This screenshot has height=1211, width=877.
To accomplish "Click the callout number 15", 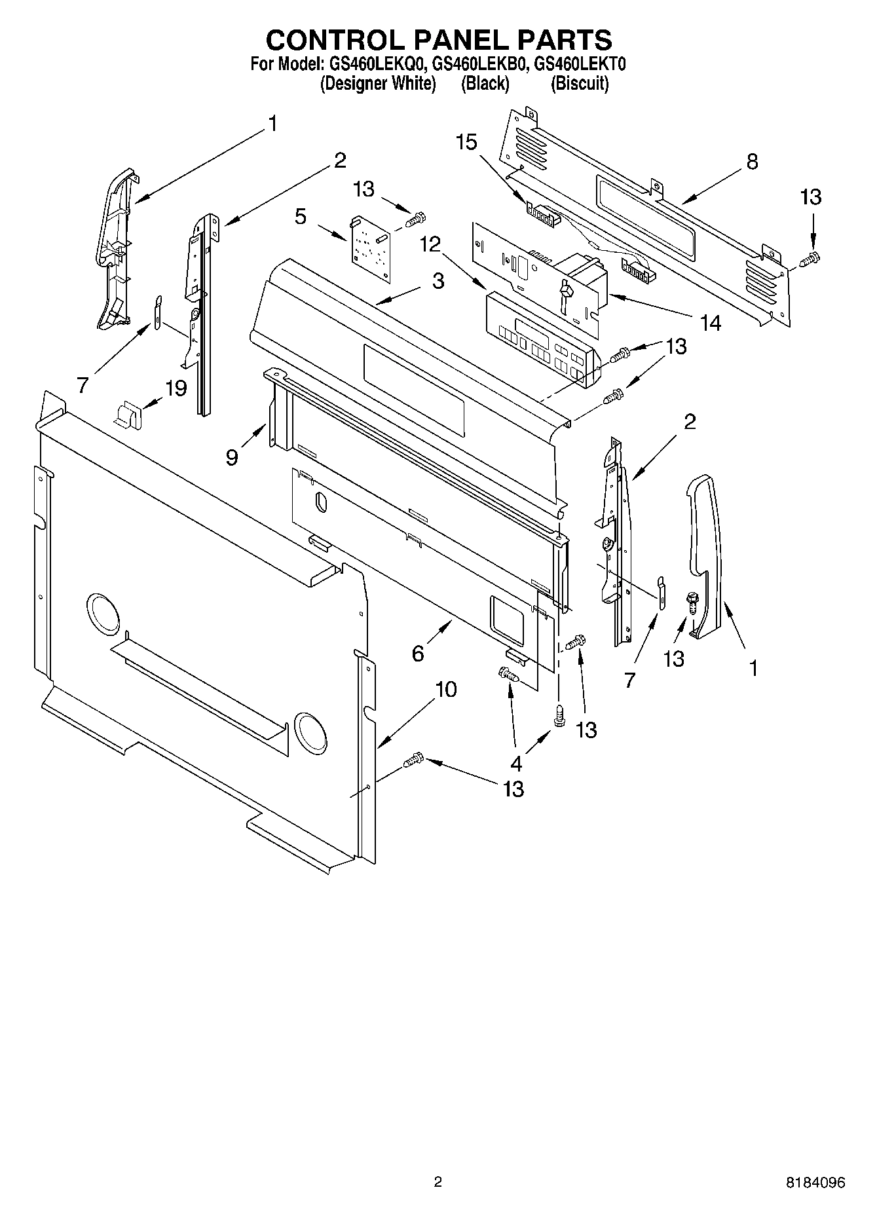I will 466,142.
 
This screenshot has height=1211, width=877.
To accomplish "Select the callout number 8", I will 752,161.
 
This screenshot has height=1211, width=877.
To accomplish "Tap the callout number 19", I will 176,388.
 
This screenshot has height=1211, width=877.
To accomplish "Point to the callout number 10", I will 446,689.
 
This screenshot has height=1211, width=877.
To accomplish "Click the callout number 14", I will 710,322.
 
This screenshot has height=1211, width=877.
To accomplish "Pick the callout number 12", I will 430,244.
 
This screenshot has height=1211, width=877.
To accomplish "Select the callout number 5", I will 300,217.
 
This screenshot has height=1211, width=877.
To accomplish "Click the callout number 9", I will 232,456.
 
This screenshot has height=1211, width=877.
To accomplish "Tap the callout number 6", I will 418,653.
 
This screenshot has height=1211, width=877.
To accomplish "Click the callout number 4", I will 516,763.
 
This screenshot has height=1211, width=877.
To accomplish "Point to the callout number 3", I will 438,280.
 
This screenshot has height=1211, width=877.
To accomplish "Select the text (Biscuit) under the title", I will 580,84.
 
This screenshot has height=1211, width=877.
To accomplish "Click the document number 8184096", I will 815,1182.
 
